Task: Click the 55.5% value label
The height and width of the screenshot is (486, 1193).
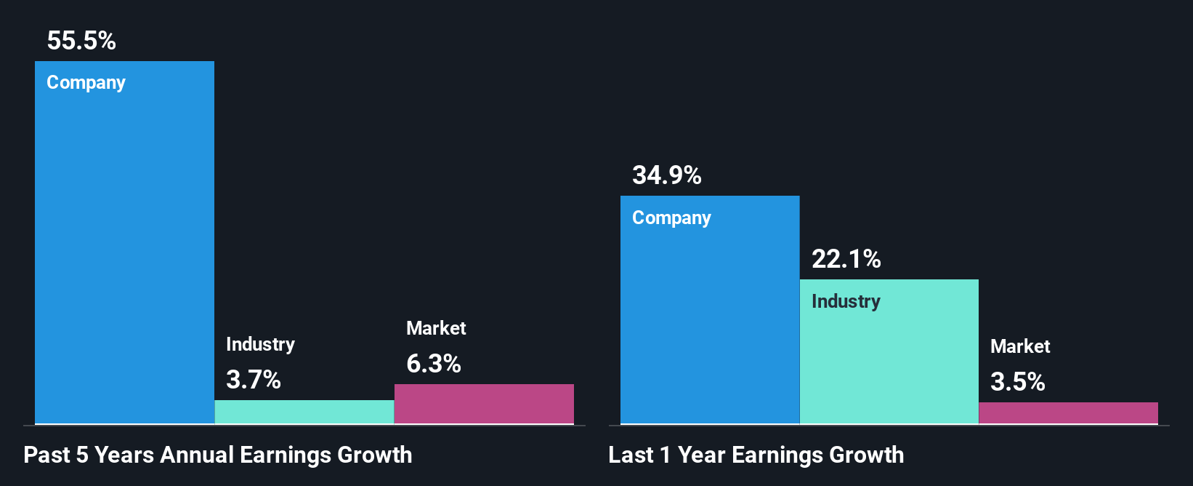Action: (x=81, y=41)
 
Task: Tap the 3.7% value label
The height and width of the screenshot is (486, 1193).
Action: (x=253, y=379)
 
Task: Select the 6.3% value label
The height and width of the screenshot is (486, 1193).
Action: (x=433, y=363)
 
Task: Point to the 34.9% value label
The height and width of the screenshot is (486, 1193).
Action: (x=666, y=175)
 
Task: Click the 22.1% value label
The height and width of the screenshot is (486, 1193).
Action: (x=846, y=259)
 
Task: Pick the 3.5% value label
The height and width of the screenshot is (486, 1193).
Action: (x=1017, y=381)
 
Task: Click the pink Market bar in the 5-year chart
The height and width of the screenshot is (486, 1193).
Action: (x=484, y=404)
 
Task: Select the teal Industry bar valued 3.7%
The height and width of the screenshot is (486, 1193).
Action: (x=304, y=412)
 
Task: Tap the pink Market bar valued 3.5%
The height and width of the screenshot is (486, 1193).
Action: (x=1068, y=413)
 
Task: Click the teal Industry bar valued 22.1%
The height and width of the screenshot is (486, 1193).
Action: (x=889, y=364)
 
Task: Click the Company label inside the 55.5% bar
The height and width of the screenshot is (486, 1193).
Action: (x=86, y=83)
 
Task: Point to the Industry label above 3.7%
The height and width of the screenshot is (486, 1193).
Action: (x=260, y=344)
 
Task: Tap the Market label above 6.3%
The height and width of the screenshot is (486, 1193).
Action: (x=436, y=328)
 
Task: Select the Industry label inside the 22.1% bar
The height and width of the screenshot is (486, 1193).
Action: (x=846, y=301)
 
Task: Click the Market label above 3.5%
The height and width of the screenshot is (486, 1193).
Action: (x=1020, y=346)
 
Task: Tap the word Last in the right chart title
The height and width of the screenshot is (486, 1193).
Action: (x=631, y=455)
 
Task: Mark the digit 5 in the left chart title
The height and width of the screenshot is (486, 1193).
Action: (x=82, y=455)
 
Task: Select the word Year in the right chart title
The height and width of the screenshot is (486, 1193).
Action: (x=701, y=455)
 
